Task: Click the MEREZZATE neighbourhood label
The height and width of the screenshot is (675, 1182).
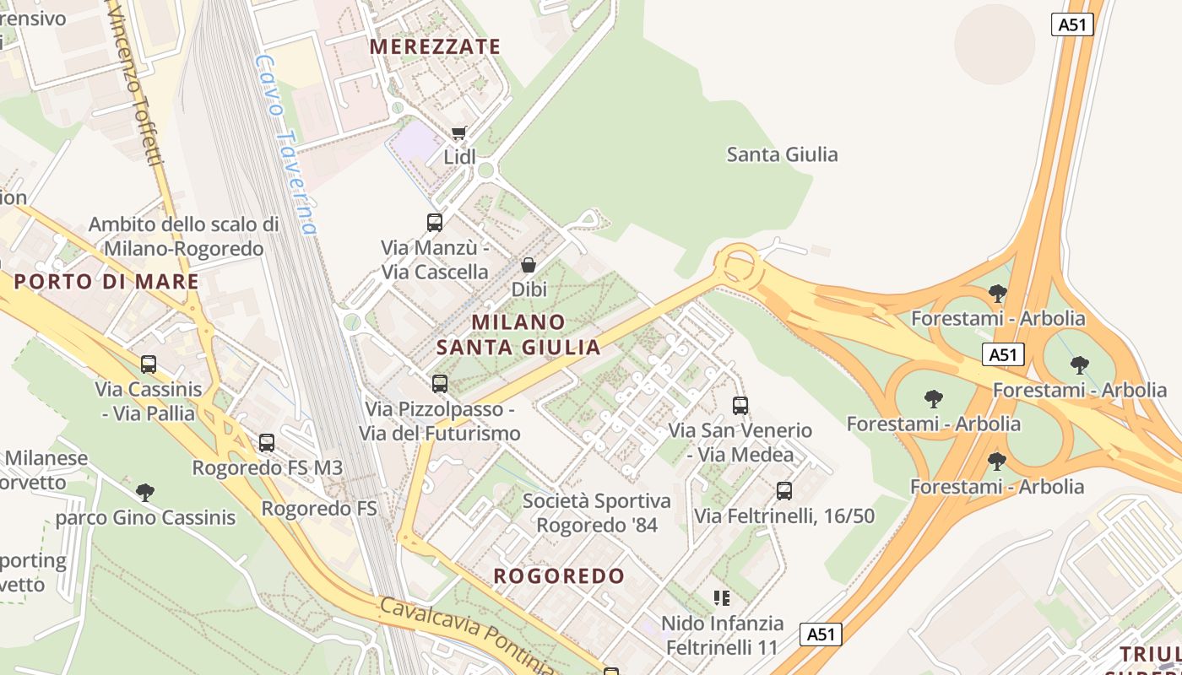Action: coord(435,47)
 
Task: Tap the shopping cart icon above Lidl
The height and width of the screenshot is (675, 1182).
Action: coord(458,132)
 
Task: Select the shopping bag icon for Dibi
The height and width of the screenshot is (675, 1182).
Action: coord(529,265)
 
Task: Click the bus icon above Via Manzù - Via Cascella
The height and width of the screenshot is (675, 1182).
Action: coord(435,223)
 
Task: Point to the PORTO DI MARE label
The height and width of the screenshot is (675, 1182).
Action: coord(106,282)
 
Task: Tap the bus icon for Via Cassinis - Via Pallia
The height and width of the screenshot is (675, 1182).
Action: coord(149,364)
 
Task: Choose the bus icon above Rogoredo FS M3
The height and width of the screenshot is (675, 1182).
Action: coord(267,442)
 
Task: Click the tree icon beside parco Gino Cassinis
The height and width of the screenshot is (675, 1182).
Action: coord(145,492)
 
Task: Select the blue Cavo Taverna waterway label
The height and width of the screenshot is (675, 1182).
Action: coord(287,143)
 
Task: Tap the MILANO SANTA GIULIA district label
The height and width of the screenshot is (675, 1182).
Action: coord(518,334)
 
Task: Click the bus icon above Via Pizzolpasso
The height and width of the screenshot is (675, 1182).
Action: coord(439,384)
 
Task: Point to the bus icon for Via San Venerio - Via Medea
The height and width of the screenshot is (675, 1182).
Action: coord(740,406)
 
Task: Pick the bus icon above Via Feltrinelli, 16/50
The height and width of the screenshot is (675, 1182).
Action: coord(784,491)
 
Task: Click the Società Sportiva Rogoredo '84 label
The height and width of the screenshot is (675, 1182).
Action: coord(597,513)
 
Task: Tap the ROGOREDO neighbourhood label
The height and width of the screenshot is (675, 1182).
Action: coord(559,577)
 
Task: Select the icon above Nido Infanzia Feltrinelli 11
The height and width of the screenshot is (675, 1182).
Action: coord(722,598)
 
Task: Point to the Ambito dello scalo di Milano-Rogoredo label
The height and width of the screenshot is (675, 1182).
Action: coord(183,237)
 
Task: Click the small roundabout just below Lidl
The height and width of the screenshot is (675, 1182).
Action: coord(485,170)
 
